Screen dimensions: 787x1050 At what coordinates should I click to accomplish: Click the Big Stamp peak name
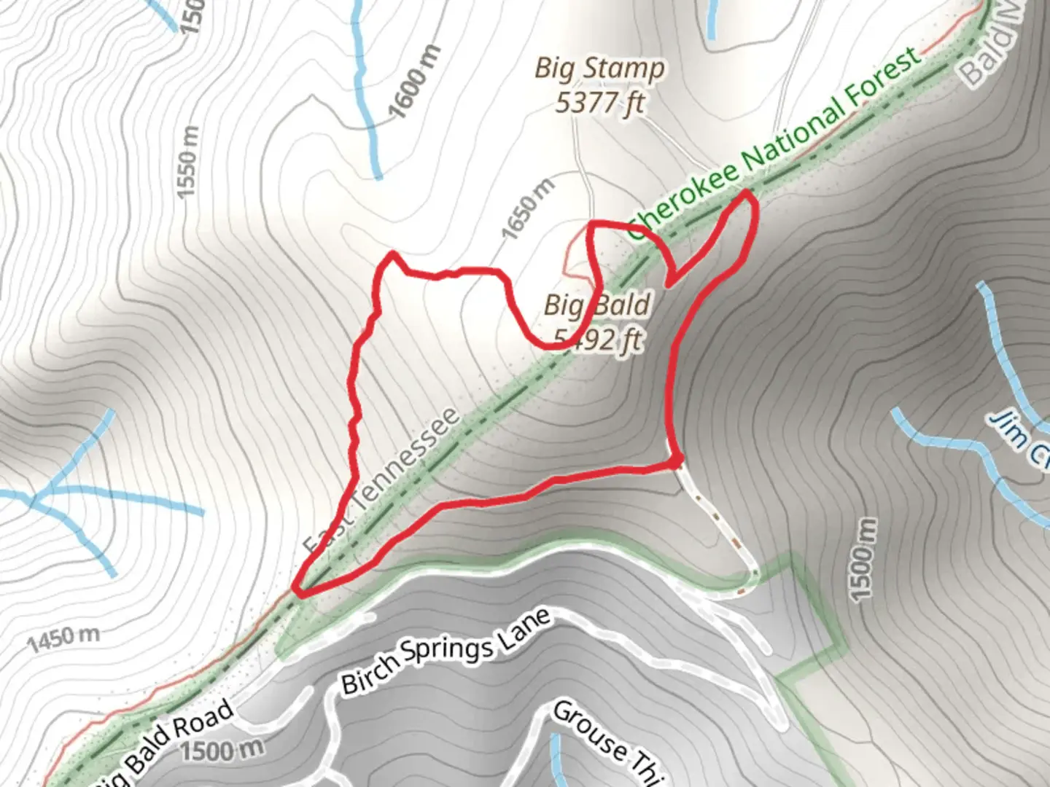[x=599, y=69]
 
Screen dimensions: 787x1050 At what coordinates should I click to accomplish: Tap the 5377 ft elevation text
[x=599, y=103]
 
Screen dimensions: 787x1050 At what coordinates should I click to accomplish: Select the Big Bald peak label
[x=596, y=305]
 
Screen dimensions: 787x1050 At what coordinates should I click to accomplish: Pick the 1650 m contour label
[x=528, y=208]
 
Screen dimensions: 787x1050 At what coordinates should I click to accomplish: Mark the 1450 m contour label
[x=63, y=639]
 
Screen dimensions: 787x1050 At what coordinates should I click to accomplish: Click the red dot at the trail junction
[x=677, y=461]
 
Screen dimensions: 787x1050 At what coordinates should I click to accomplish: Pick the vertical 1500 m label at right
[x=863, y=560]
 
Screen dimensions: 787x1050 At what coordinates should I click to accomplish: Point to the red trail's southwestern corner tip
[x=297, y=587]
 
